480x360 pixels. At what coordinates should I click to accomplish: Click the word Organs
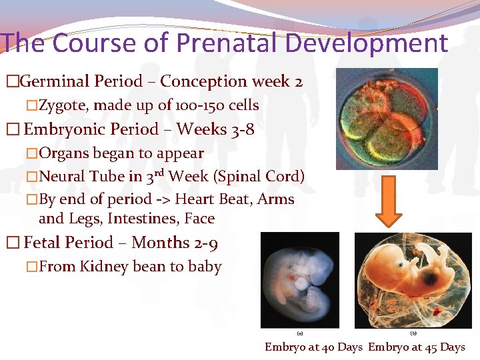tap(64, 153)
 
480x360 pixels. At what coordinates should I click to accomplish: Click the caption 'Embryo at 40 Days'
tap(313, 347)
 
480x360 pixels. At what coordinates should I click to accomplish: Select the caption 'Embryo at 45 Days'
tap(417, 347)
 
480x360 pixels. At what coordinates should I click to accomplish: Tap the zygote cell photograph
tap(386, 119)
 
